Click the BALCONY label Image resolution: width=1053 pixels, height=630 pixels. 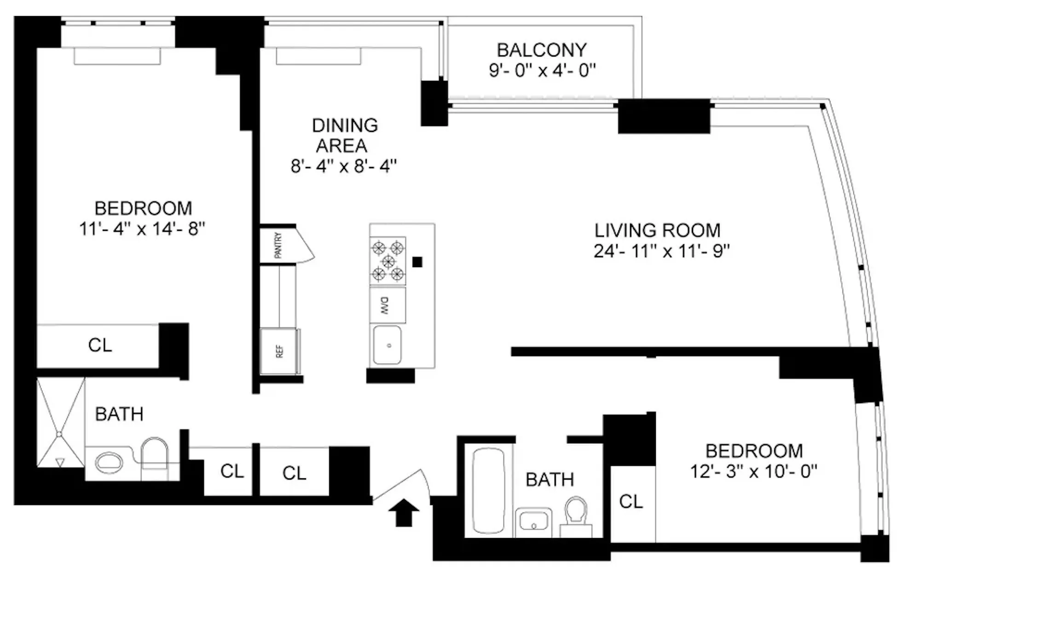[x=542, y=50]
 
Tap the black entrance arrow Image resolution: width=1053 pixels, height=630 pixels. [x=404, y=512]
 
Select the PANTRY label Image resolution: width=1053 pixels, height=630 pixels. [x=278, y=245]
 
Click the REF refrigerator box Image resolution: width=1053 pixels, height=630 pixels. [x=279, y=351]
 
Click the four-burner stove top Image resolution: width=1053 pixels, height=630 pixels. [x=388, y=261]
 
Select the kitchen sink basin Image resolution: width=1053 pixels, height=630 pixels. [x=387, y=345]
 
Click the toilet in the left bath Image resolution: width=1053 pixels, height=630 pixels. [x=155, y=454]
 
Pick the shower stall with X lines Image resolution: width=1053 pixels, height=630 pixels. [x=60, y=423]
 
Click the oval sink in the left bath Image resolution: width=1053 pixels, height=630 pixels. [x=109, y=462]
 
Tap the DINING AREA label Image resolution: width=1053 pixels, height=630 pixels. [x=344, y=135]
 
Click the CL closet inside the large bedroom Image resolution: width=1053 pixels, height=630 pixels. [x=100, y=345]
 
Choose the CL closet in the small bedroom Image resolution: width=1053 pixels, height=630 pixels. [x=631, y=501]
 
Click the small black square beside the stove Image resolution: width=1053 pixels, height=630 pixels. [x=417, y=262]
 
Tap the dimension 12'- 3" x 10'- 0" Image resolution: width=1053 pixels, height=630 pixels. [x=753, y=472]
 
